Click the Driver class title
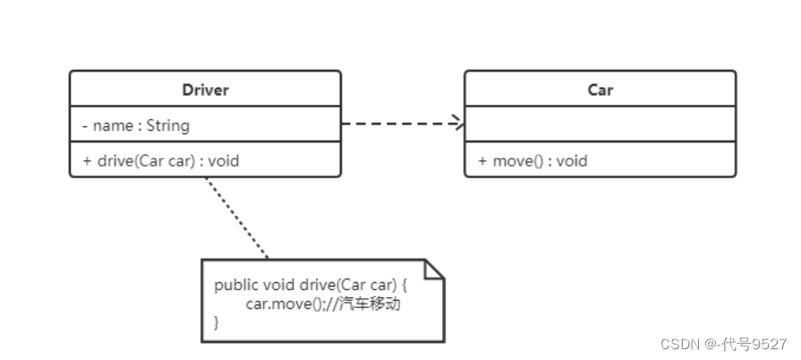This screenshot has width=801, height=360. (x=205, y=90)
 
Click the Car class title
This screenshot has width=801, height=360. (x=600, y=90)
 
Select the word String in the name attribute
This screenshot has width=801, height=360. (x=168, y=125)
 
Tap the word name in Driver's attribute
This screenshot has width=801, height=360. (x=113, y=126)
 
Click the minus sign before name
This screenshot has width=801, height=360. (x=85, y=125)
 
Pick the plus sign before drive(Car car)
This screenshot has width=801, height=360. (x=87, y=161)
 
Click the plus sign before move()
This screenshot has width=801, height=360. (x=482, y=161)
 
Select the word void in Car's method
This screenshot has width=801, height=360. (x=572, y=161)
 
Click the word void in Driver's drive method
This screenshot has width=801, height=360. (x=224, y=161)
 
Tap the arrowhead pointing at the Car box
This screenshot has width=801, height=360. (x=457, y=124)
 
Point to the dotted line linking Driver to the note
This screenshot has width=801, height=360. (x=236, y=219)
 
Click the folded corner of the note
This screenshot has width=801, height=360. (x=435, y=270)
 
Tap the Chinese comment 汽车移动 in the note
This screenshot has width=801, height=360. (x=370, y=304)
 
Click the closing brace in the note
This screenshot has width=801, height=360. (x=217, y=322)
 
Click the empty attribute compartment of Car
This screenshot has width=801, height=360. (x=601, y=124)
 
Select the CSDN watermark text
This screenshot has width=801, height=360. (x=724, y=344)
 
